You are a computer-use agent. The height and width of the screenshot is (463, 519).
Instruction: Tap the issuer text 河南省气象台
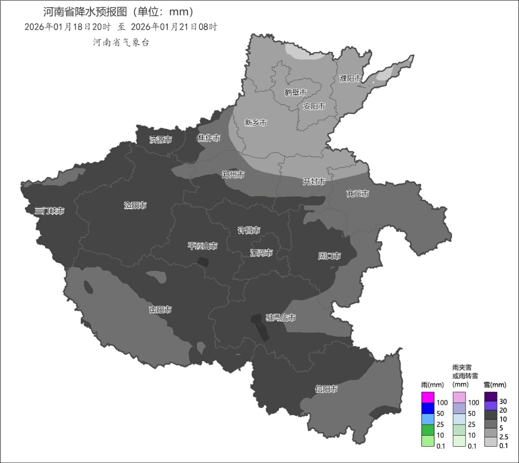(121, 42)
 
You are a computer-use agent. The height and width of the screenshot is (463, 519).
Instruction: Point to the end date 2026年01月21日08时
(174, 27)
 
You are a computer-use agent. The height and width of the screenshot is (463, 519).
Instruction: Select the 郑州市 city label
(233, 175)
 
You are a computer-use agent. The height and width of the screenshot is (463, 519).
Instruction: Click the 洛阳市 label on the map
(135, 205)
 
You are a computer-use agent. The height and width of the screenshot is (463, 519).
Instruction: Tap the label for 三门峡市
(49, 211)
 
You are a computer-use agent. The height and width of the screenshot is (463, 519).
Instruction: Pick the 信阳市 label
(326, 389)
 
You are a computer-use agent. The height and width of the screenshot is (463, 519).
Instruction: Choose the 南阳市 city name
(160, 310)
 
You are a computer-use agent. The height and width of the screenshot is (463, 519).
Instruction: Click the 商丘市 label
(358, 194)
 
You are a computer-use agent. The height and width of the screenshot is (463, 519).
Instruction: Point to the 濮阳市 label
(350, 78)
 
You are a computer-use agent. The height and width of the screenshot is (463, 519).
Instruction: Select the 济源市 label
(161, 140)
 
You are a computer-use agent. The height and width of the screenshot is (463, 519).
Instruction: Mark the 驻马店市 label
(281, 317)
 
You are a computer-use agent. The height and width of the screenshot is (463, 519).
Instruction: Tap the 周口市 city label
(329, 256)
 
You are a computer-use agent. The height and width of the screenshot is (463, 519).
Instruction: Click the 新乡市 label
(256, 122)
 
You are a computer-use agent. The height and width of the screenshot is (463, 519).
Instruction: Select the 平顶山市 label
(202, 246)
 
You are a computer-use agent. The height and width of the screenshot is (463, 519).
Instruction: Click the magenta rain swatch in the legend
(427, 398)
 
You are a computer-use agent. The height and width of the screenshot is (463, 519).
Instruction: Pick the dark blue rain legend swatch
(427, 408)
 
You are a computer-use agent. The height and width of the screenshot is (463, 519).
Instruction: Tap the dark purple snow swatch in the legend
(491, 397)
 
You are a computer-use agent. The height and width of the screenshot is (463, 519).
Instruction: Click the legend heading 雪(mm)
(494, 385)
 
